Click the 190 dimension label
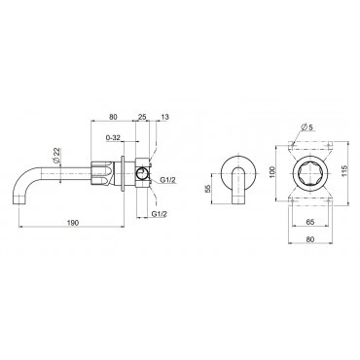(x=73, y=223)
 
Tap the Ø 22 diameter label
(x=55, y=156)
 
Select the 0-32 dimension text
(x=113, y=137)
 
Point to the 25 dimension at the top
(x=142, y=117)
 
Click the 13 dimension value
(x=164, y=117)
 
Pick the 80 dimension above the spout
(x=113, y=117)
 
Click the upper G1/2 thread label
(x=168, y=180)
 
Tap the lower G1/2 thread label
(x=160, y=214)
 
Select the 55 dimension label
(x=207, y=189)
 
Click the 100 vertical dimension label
(x=271, y=171)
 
